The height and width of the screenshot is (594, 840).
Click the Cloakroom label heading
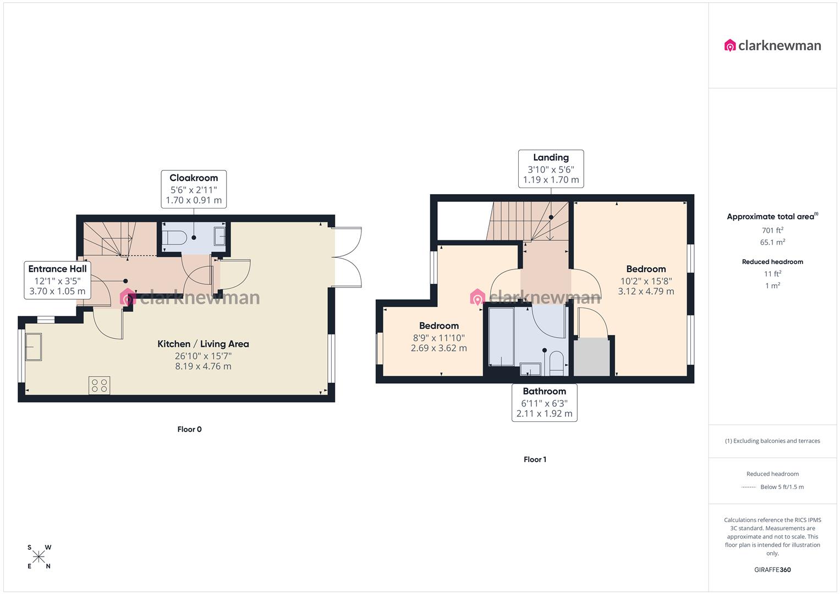click(x=194, y=178)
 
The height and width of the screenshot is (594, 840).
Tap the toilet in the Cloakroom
click(x=175, y=238)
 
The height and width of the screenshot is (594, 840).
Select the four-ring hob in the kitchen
click(x=100, y=385)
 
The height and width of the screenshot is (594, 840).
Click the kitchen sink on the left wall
click(x=34, y=347)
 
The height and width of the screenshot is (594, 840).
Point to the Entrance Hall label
click(x=57, y=269)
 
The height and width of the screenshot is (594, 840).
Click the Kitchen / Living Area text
click(x=203, y=344)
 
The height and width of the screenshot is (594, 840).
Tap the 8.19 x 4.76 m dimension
click(x=203, y=366)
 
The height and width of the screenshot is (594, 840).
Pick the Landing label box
click(x=551, y=169)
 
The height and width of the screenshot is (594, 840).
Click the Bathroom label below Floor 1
click(x=544, y=391)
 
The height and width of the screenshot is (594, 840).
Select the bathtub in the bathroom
click(x=501, y=336)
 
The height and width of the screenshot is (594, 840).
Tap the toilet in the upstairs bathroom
click(x=557, y=363)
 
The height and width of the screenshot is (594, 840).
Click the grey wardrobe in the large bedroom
click(x=592, y=357)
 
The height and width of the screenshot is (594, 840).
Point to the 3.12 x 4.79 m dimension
click(x=646, y=291)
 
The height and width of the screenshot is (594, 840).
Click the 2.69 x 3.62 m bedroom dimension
click(x=438, y=348)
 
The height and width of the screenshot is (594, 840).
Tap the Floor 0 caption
click(x=189, y=429)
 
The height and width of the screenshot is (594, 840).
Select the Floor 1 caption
click(x=535, y=459)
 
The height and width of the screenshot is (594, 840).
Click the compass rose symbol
click(x=39, y=557)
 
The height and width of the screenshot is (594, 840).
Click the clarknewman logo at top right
click(x=772, y=46)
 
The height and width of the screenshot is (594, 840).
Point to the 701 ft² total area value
click(x=772, y=230)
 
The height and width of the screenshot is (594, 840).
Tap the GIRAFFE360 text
click(x=772, y=570)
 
